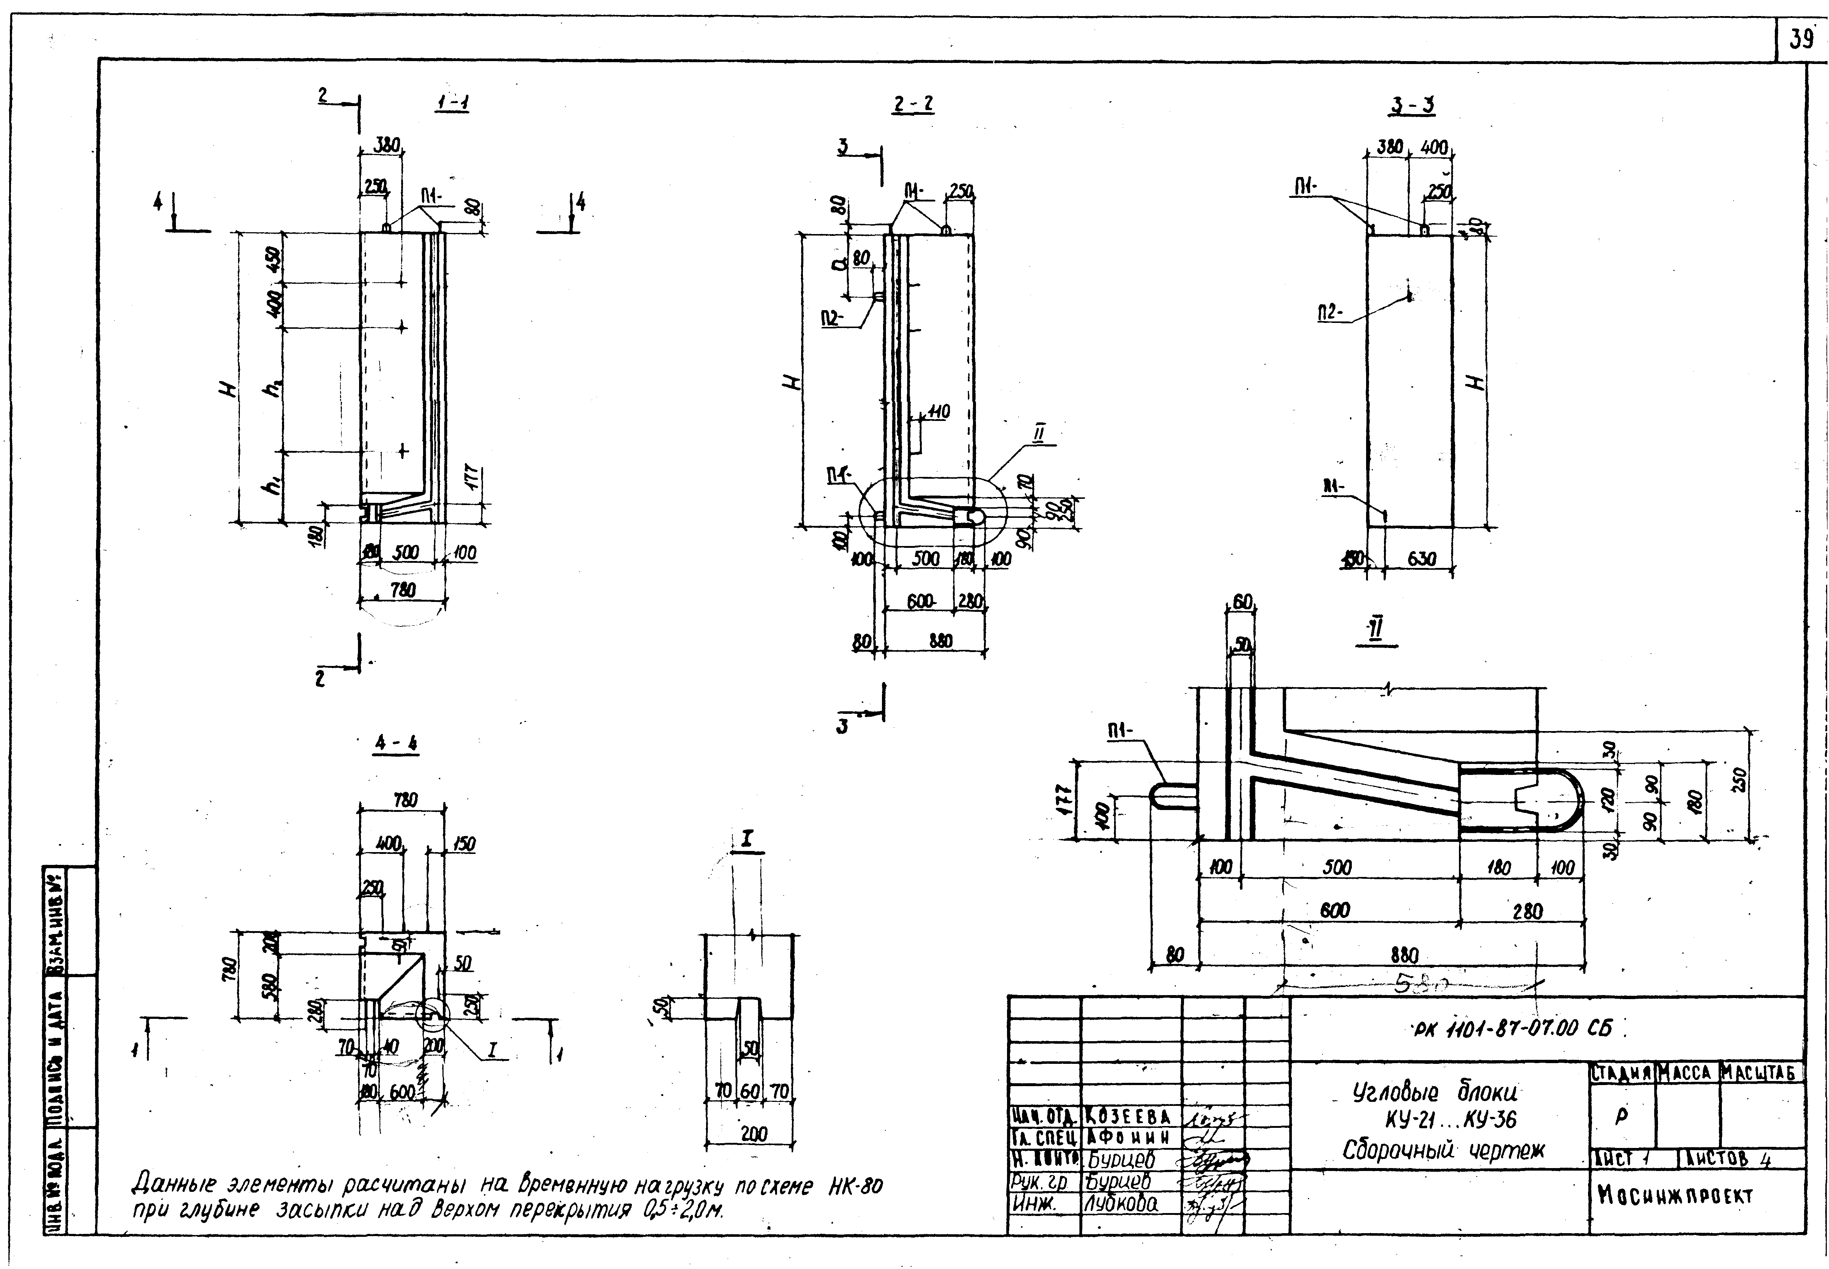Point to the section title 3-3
(x=1413, y=105)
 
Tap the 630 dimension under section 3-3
(x=1421, y=559)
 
